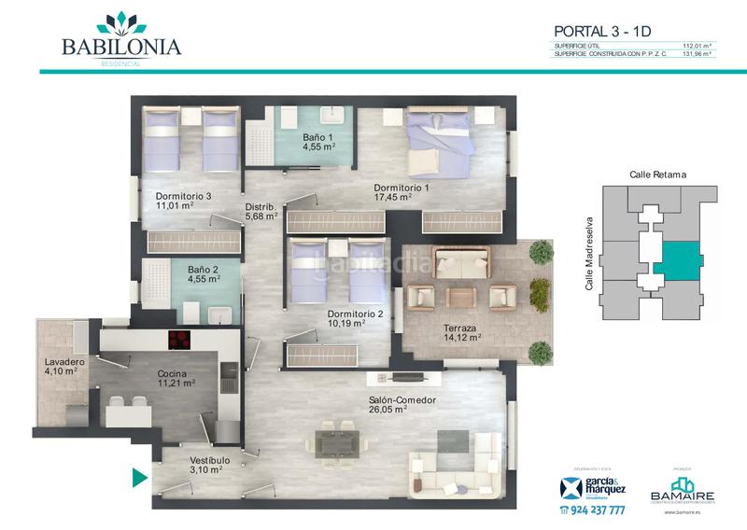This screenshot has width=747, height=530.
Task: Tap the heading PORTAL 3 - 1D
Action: pyautogui.click(x=602, y=31)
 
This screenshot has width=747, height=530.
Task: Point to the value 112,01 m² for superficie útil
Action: pyautogui.click(x=697, y=45)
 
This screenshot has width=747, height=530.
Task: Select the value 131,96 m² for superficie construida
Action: pyautogui.click(x=697, y=54)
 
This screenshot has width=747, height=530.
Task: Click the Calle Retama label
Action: pyautogui.click(x=657, y=174)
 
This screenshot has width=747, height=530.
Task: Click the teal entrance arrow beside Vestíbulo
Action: pyautogui.click(x=140, y=479)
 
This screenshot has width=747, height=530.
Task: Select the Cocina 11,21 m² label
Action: pyautogui.click(x=176, y=377)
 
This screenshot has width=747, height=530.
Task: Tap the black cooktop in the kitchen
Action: pyautogui.click(x=180, y=339)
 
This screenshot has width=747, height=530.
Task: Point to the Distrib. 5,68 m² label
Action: pyautogui.click(x=261, y=212)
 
